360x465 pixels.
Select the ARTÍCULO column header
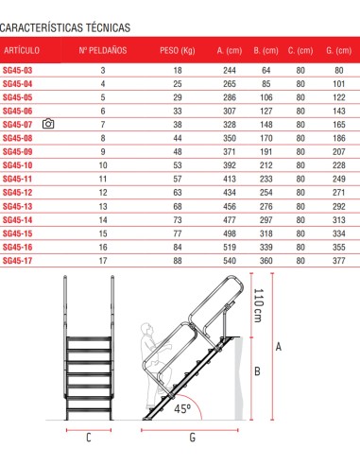pyautogui.click(x=21, y=49)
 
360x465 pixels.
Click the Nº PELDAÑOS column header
pyautogui.click(x=103, y=49)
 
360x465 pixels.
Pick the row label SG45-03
pyautogui.click(x=17, y=70)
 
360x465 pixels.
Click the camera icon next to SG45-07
pyautogui.click(x=48, y=124)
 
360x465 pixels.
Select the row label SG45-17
pyautogui.click(x=17, y=261)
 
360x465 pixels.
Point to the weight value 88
pyautogui.click(x=176, y=261)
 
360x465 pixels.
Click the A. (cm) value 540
pyautogui.click(x=229, y=261)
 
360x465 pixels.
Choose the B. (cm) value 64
pyautogui.click(x=266, y=70)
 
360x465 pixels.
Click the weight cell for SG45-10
pyautogui.click(x=176, y=165)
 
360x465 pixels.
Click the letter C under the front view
pyautogui.click(x=88, y=439)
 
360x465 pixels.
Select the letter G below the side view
pyautogui.click(x=191, y=439)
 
